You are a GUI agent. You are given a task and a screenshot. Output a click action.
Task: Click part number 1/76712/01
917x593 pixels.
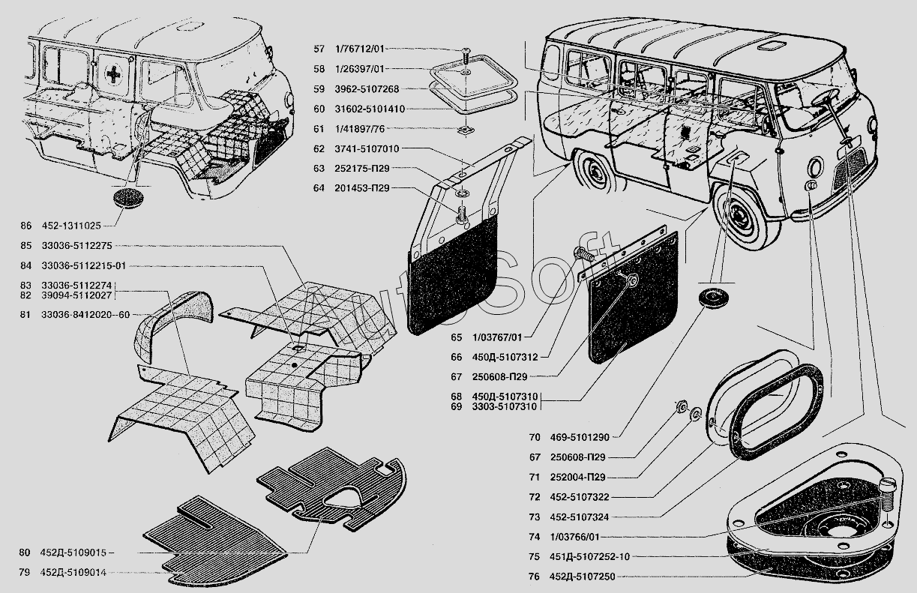(x=360, y=49)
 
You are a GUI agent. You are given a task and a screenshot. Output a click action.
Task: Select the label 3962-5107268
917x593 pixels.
(x=367, y=89)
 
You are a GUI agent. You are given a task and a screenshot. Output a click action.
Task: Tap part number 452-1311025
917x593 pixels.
(x=71, y=226)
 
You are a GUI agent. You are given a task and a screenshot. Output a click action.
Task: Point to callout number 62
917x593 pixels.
(x=319, y=149)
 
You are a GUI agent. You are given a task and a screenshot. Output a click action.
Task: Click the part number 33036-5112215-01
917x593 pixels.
(x=83, y=266)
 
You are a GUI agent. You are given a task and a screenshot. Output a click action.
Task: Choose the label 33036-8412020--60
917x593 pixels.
(x=85, y=315)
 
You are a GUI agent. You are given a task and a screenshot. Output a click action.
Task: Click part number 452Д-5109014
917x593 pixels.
(x=73, y=572)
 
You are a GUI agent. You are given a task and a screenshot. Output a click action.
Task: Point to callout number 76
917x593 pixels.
(x=534, y=577)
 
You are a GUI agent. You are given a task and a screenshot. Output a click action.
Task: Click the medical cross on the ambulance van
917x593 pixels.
(x=113, y=74)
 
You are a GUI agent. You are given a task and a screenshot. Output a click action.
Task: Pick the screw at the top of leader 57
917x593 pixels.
(x=466, y=55)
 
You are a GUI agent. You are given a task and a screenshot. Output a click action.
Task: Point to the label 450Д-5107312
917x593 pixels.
(x=505, y=357)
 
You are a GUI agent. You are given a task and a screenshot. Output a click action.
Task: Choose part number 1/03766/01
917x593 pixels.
(x=575, y=537)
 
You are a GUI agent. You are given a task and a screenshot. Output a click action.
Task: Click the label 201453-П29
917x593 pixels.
(x=362, y=188)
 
